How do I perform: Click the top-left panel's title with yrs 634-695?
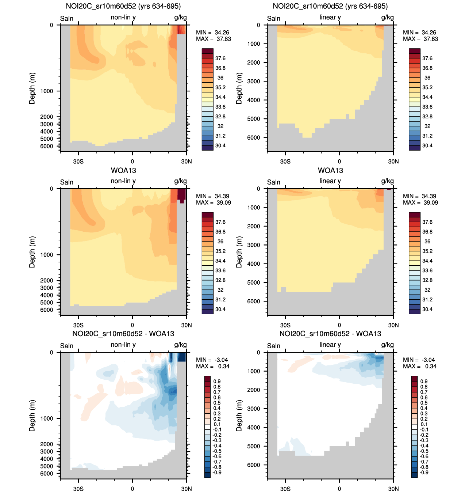[x=123, y=6]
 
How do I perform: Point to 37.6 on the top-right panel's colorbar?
[x=427, y=58]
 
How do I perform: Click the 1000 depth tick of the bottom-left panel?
[x=47, y=418]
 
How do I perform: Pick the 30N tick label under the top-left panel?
[x=186, y=162]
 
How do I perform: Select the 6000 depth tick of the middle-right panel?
[x=254, y=301]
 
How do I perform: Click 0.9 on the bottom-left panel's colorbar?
[x=217, y=382]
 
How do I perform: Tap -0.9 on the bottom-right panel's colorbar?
[x=424, y=473]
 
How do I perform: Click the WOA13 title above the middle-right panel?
[x=330, y=170]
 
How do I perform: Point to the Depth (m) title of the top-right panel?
[x=239, y=88]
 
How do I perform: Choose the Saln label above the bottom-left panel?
[x=67, y=346]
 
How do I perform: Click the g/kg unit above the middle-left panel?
[x=180, y=181]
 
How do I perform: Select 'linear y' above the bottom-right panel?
[x=330, y=345]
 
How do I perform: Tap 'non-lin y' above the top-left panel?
[x=123, y=17]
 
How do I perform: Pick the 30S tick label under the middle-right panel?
[x=285, y=325]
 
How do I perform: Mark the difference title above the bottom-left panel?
[x=123, y=334]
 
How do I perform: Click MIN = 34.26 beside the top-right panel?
[x=419, y=33]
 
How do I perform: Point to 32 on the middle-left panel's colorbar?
[x=220, y=290]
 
